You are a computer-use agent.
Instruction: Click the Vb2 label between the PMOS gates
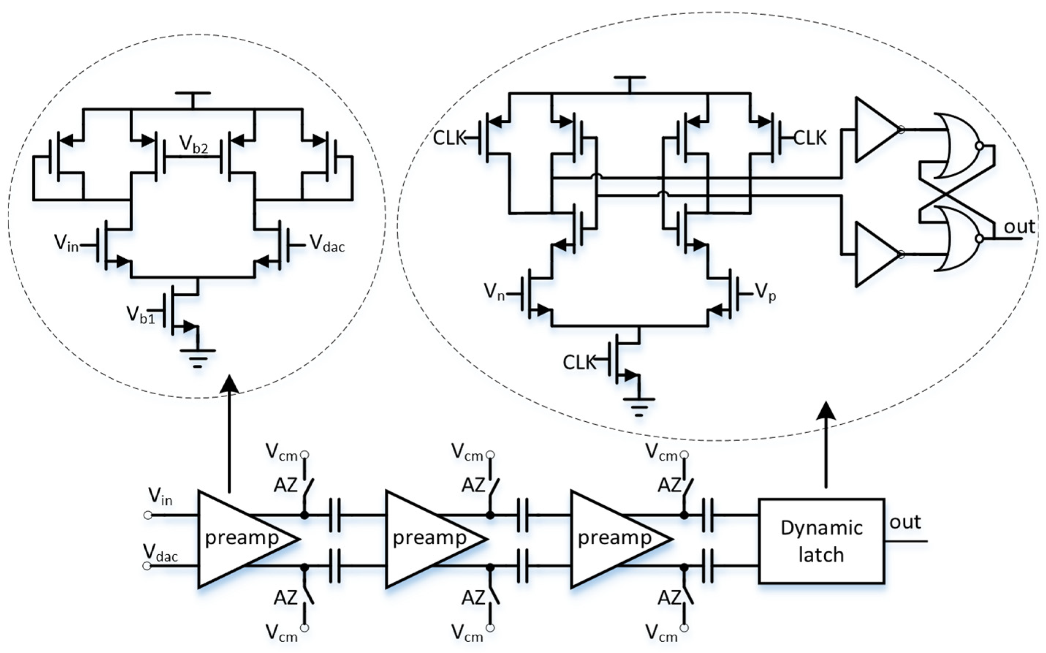pos(193,145)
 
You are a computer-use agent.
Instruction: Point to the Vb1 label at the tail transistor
pos(140,314)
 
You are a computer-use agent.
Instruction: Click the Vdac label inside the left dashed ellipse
pos(327,244)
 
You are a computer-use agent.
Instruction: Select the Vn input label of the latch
pos(494,292)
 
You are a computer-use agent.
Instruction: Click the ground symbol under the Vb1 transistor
pos(198,358)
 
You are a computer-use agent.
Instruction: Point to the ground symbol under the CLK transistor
pos(639,406)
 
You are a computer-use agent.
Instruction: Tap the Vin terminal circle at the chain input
pos(148,515)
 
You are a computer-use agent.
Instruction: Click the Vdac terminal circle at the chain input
pos(147,566)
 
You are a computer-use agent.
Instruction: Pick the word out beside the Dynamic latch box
pos(905,523)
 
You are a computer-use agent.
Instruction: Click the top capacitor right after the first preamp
pos(335,515)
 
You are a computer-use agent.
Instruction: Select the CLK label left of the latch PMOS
pos(449,138)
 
